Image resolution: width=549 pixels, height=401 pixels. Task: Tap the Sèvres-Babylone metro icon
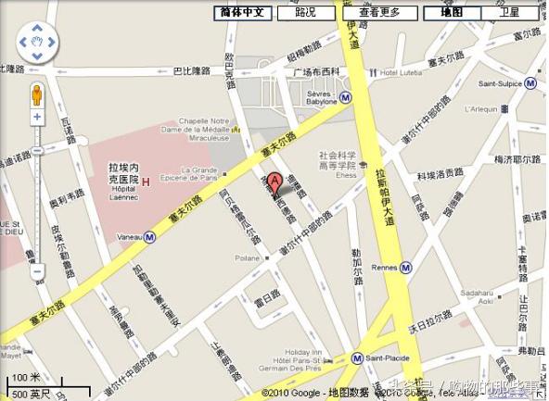(x=345, y=96)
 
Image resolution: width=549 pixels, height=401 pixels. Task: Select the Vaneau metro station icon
(x=148, y=236)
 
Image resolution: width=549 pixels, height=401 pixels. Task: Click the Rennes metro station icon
(x=406, y=269)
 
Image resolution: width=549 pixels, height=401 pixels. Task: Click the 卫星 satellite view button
(x=509, y=13)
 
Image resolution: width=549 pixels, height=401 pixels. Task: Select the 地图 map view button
(x=452, y=13)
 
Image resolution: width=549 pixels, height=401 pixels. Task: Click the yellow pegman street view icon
(x=37, y=95)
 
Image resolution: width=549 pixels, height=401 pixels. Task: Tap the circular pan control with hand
(x=37, y=42)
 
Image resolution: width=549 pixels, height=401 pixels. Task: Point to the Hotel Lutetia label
(x=401, y=72)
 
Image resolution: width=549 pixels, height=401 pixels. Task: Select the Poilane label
(x=248, y=259)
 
